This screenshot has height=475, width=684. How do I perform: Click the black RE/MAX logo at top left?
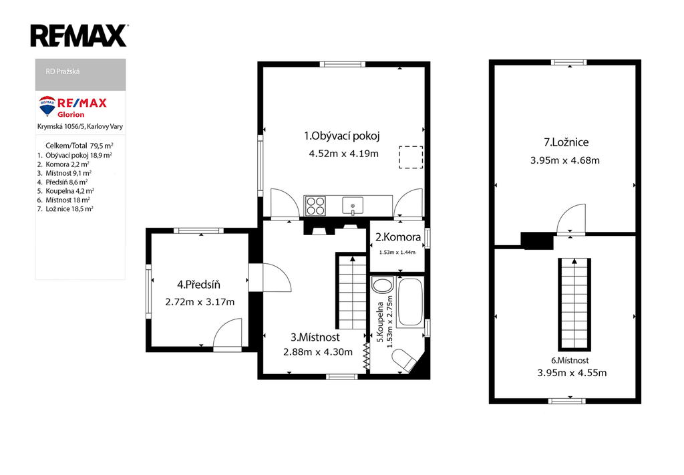coord(79,35)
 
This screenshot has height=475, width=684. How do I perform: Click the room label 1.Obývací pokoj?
coord(342,136)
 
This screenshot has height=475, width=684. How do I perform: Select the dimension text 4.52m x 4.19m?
coord(344,154)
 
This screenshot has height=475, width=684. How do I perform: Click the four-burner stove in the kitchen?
coord(315,206)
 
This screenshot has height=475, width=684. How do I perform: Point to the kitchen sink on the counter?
coord(353,206)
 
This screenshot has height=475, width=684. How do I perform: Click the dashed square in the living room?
coord(411,157)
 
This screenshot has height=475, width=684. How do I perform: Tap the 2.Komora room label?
coord(398,237)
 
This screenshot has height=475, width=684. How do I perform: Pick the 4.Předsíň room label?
coord(198,285)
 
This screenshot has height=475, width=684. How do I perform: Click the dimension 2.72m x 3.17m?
coord(200,302)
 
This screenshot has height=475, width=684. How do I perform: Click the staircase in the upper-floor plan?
coord(574,305)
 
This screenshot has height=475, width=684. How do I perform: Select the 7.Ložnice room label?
coord(566,142)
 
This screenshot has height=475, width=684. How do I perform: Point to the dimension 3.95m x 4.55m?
coord(572,373)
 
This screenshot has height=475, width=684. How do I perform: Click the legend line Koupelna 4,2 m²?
coord(65,191)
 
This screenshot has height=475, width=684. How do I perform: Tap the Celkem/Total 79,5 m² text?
coord(79,146)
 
